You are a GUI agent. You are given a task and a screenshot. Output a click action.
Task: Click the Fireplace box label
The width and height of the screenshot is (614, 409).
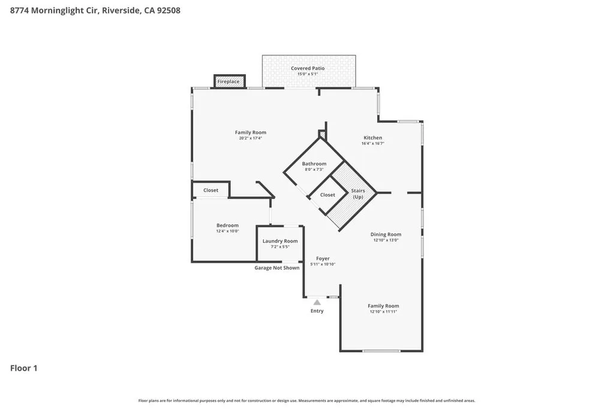228,81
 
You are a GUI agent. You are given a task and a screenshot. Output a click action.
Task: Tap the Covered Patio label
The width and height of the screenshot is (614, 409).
308,68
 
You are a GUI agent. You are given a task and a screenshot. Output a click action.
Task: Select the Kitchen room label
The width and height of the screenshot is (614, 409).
372,138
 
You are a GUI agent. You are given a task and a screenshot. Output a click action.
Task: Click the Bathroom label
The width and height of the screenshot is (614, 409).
314,163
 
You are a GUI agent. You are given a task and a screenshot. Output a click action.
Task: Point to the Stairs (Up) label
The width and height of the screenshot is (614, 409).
358,193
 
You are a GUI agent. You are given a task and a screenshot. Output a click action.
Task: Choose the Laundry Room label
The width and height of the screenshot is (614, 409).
280,241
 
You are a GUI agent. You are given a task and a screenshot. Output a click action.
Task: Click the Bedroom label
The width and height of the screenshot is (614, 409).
227,225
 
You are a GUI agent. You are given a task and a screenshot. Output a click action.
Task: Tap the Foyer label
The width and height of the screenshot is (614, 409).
323,259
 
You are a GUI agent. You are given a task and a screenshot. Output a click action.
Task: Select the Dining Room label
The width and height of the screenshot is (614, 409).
386,234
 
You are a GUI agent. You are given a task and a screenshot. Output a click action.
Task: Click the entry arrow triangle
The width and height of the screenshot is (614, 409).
317,302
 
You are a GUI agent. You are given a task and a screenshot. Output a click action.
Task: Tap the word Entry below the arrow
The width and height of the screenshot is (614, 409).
317,311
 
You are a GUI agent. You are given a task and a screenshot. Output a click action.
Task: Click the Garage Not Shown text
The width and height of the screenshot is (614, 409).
276,268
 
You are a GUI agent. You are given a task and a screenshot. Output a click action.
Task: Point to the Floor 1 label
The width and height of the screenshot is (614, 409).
24,368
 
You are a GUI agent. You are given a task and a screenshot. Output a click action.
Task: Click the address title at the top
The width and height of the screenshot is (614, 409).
95,10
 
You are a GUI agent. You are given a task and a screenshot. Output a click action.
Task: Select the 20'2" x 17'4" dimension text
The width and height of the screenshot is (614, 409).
251,138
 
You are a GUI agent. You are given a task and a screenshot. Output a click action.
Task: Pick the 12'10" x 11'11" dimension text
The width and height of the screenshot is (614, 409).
384,311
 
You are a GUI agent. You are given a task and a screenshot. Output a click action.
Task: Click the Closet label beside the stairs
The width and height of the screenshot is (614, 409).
327,195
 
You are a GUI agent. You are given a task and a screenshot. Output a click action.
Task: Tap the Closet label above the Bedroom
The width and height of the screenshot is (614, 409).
210,190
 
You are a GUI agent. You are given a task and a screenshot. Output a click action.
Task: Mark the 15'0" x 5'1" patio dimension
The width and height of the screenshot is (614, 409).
308,74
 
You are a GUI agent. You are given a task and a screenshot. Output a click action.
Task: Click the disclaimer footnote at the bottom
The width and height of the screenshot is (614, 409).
306,401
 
